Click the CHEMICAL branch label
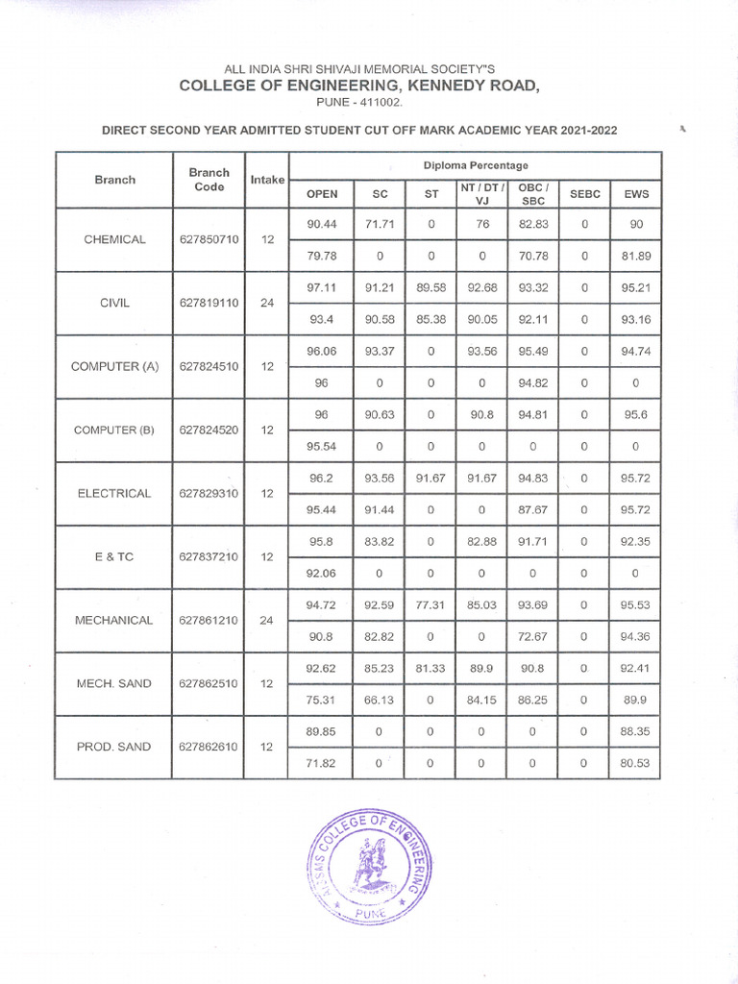tap(114, 239)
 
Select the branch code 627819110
tap(209, 303)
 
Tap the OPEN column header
tap(321, 194)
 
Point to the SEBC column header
tap(584, 194)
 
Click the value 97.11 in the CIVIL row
tap(321, 287)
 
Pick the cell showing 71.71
tap(380, 224)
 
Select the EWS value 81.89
tap(636, 256)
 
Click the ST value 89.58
tap(431, 287)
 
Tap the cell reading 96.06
tap(321, 351)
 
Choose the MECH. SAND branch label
tap(114, 683)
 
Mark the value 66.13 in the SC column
tap(380, 700)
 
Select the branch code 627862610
tap(209, 747)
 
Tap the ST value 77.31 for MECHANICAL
tap(431, 604)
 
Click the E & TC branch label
tap(114, 556)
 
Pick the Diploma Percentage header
tap(476, 165)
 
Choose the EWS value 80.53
tap(636, 763)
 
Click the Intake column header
tap(267, 180)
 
